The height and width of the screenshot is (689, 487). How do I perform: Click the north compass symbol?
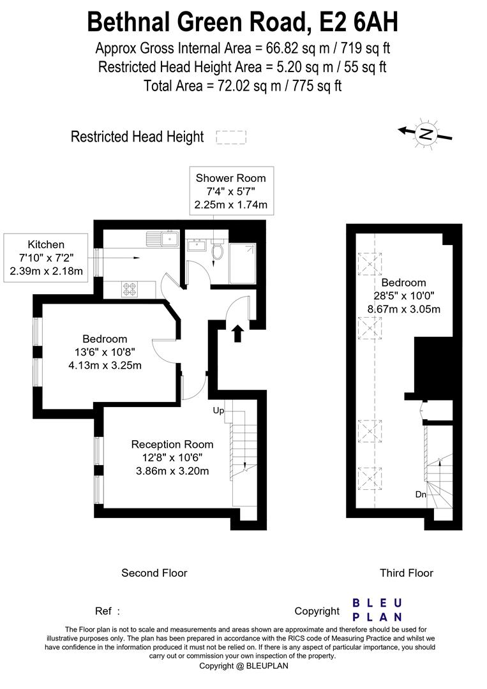click(426, 133)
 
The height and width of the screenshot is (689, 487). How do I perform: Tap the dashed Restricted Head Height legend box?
click(231, 137)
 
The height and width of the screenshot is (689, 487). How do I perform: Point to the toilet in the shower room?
click(217, 251)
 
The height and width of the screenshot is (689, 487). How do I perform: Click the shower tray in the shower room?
click(242, 263)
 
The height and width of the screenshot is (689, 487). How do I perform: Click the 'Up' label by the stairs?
click(218, 411)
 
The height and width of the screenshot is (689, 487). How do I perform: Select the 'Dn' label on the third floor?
click(421, 494)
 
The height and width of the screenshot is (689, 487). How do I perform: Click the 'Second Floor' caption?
click(154, 573)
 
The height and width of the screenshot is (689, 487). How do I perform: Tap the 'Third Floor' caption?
click(406, 573)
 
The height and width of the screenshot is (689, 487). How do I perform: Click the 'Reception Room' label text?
click(172, 444)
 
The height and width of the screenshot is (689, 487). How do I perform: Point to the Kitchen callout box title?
click(46, 244)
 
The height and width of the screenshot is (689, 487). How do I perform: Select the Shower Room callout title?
click(230, 178)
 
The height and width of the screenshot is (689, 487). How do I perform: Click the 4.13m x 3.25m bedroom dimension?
click(105, 366)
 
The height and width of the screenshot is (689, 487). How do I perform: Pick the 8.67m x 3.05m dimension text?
click(403, 309)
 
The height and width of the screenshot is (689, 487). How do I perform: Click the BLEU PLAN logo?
click(377, 610)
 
